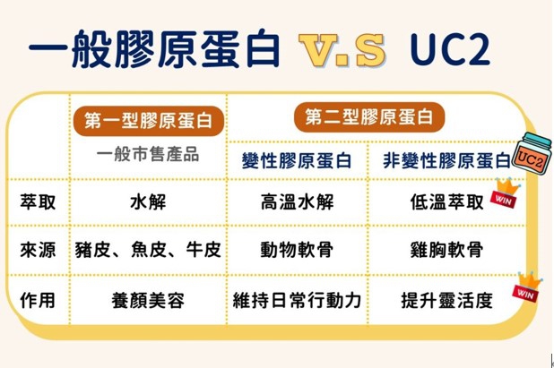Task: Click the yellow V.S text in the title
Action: tap(342, 50)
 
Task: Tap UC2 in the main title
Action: tap(450, 49)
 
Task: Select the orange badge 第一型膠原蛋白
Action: tap(149, 121)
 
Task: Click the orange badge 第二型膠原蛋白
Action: tap(368, 117)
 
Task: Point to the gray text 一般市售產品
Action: tap(148, 155)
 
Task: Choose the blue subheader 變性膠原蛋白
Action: tap(297, 161)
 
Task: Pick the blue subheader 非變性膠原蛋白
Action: tap(447, 161)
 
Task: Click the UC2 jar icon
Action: tap(532, 152)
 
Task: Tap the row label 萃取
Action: tap(38, 202)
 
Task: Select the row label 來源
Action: tap(38, 250)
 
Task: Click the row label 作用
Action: tap(38, 300)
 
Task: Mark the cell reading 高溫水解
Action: tap(297, 202)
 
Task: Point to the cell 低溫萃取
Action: tap(446, 202)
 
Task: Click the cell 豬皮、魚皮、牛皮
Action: tap(148, 250)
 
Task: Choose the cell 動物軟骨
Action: tap(297, 250)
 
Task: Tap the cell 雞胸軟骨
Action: tap(446, 250)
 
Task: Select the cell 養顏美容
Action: tap(148, 300)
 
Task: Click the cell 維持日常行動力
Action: tap(297, 300)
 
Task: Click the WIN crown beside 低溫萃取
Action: tap(505, 193)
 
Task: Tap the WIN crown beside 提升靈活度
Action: tap(527, 287)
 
